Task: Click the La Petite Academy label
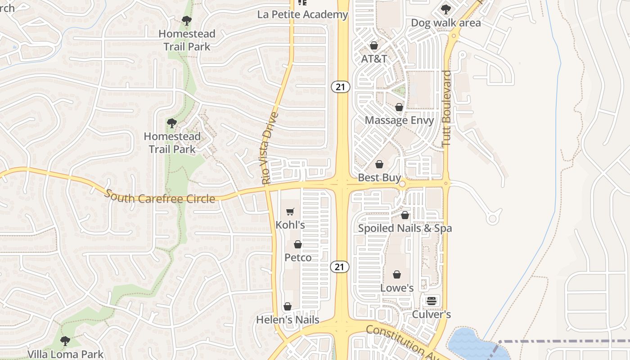303,14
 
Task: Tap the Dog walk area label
446,22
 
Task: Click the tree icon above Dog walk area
445,9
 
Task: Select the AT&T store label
374,58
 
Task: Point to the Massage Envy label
399,120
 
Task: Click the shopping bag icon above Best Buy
379,164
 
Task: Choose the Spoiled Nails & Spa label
405,228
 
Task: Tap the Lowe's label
397,288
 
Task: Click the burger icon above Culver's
432,301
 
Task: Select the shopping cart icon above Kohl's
290,211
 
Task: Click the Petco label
298,257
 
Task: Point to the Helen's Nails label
288,320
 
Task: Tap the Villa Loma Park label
66,354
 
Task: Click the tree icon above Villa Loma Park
65,341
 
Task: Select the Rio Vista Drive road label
269,148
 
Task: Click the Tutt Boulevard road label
446,108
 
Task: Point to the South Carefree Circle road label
160,197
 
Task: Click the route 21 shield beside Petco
340,267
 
